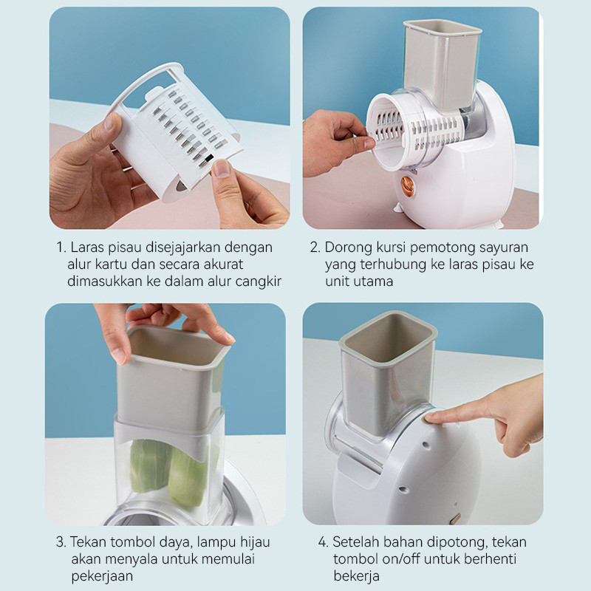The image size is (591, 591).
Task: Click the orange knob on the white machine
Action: click(407, 186)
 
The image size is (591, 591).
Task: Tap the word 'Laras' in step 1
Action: click(87, 247)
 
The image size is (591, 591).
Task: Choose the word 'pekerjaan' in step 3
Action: click(102, 577)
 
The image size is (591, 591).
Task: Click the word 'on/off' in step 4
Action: click(401, 559)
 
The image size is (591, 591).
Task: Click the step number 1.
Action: click(61, 247)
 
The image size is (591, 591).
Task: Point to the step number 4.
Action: click(323, 542)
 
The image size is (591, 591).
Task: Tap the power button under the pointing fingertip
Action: click(428, 418)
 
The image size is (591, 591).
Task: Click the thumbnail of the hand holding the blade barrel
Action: click(170, 118)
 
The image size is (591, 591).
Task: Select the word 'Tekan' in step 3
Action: click(88, 542)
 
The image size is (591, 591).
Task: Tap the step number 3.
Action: click(61, 542)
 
